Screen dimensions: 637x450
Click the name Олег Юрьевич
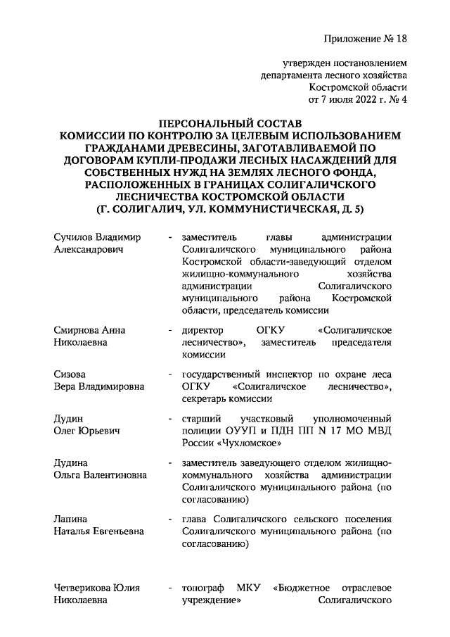pyautogui.click(x=88, y=430)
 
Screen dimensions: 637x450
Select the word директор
pyautogui.click(x=202, y=330)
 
